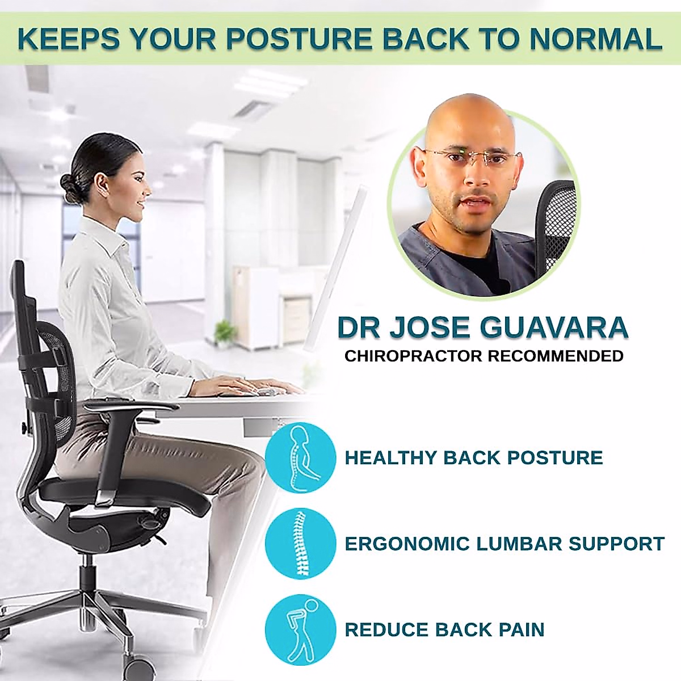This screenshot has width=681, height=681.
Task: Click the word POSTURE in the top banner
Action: (x=299, y=39)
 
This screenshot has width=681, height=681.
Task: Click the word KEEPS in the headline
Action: (x=69, y=39)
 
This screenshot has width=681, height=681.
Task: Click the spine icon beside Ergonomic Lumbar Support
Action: (x=300, y=543)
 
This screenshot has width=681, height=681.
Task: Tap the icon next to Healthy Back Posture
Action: (x=300, y=458)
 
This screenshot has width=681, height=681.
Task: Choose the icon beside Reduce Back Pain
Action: (x=300, y=629)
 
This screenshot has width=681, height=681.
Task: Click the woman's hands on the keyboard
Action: (x=238, y=387)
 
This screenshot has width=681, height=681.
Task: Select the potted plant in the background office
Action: (x=226, y=333)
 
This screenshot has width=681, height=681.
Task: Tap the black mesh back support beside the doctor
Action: (x=556, y=227)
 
